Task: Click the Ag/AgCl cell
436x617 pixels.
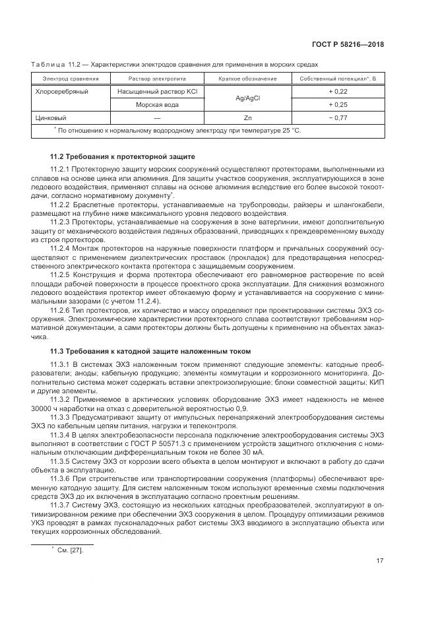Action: (247, 98)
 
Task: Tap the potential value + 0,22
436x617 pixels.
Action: (337, 92)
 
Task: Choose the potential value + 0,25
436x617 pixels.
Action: (337, 105)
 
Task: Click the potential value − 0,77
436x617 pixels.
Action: (337, 117)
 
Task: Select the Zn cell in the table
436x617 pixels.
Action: (247, 117)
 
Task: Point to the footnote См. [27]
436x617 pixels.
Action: (71, 550)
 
